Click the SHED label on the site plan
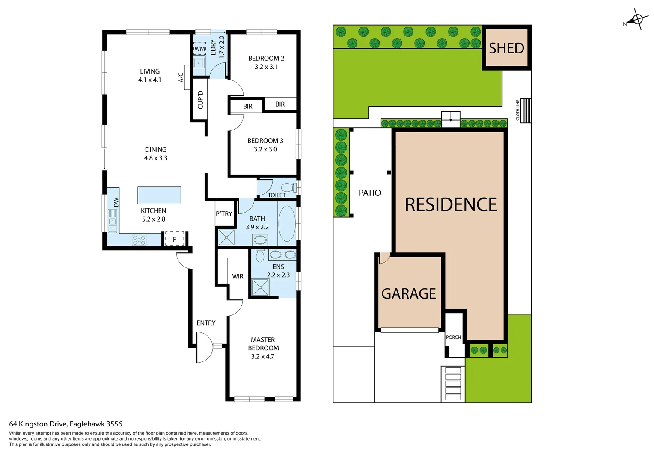[506, 48]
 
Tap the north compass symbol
[637, 20]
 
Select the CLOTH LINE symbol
[525, 110]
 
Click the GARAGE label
[408, 293]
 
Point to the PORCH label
[453, 337]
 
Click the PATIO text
[369, 193]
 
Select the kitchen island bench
[159, 195]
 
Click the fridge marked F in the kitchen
[174, 239]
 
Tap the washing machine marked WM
[199, 49]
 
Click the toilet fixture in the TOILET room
[288, 187]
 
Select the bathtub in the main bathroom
[286, 224]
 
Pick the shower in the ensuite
[260, 287]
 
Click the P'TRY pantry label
[224, 213]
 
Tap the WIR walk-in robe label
[238, 276]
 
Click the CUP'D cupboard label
[200, 99]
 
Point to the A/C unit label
[181, 77]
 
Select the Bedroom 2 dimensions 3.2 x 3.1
[266, 67]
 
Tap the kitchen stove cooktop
[139, 240]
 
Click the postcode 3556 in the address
[114, 424]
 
